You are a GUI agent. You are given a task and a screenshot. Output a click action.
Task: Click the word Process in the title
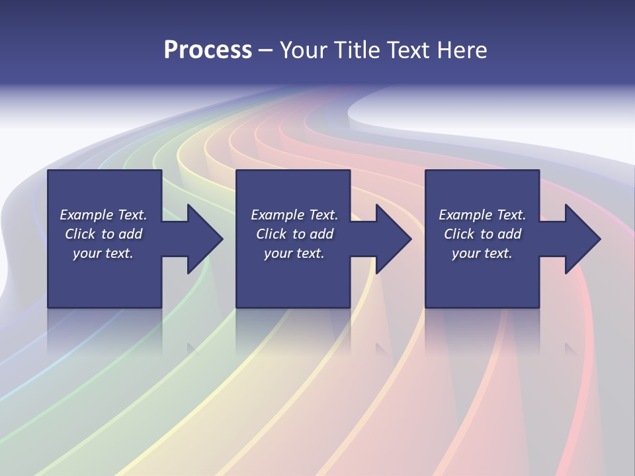208,50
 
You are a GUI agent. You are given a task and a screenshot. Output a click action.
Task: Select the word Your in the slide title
305,50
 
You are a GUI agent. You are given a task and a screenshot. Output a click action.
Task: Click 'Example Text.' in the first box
103,215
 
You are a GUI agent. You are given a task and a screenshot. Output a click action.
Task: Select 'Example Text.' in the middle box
294,215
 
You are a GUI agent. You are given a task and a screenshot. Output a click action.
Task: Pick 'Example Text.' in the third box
482,215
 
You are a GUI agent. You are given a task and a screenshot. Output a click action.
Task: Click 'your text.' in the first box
103,253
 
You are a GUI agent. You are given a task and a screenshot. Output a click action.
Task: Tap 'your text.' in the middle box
294,253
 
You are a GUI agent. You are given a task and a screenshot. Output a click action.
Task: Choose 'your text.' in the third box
482,253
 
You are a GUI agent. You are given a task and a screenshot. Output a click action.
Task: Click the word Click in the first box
80,234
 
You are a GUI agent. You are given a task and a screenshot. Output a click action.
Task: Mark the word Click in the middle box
271,234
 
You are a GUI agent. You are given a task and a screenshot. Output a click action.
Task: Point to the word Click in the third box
459,234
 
